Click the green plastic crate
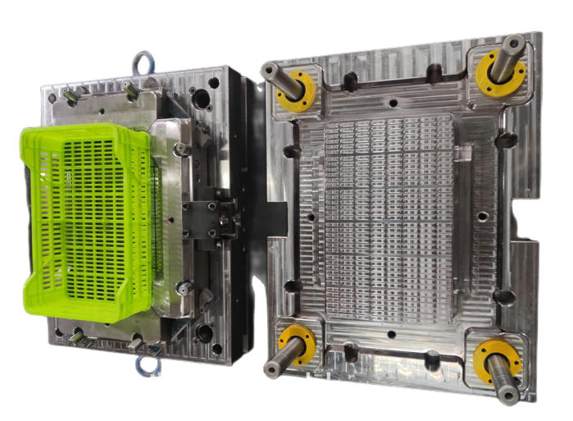[x=90, y=222]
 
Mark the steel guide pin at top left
[x=275, y=73]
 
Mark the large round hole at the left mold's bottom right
[x=202, y=333]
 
